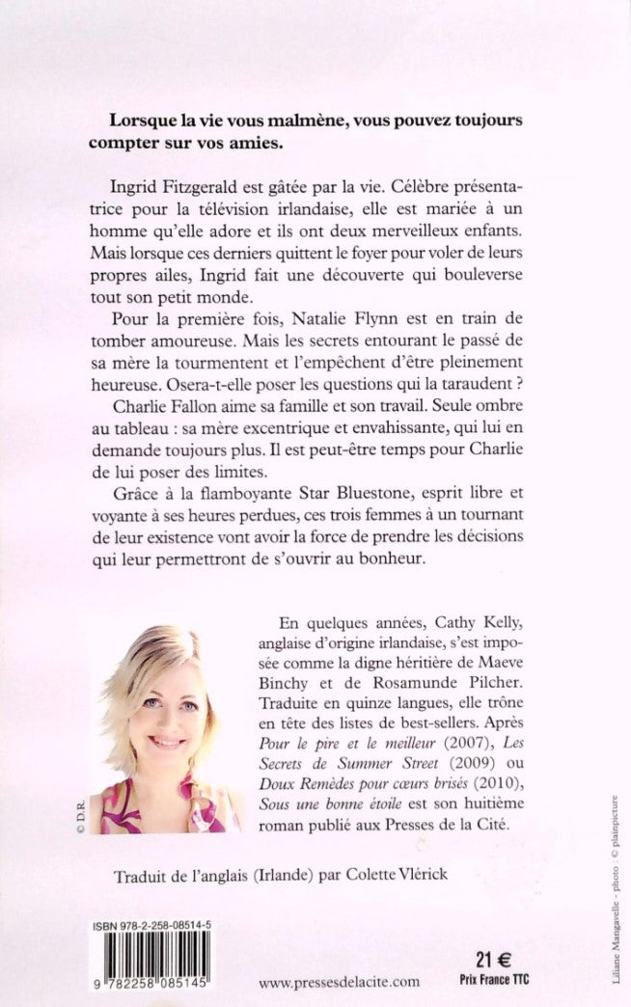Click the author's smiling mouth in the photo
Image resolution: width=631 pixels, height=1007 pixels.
click(x=167, y=742)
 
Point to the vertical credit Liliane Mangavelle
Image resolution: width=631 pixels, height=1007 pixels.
click(x=615, y=950)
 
